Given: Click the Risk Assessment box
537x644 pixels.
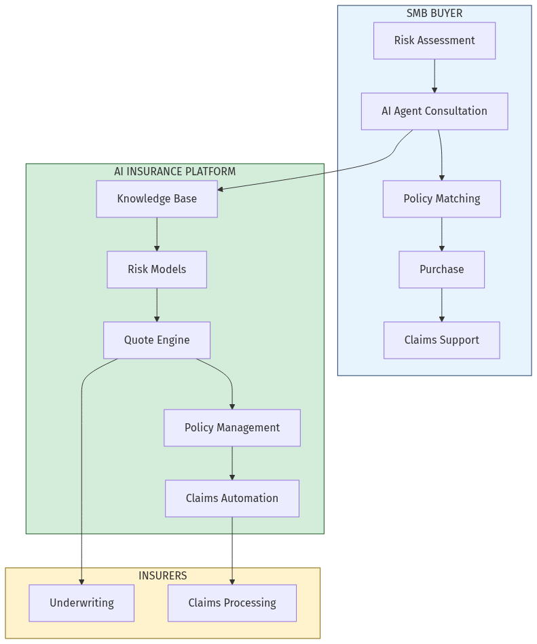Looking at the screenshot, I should point(434,41).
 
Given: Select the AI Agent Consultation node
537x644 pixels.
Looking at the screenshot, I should point(434,111).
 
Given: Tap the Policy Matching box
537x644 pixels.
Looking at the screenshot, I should point(441,199).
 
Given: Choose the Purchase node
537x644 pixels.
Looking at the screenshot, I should point(441,270).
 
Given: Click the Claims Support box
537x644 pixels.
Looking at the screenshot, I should point(441,340).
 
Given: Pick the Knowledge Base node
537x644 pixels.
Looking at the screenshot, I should point(157,199).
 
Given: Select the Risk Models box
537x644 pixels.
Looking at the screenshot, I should point(157,270).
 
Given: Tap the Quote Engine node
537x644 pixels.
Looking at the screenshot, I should point(157,340).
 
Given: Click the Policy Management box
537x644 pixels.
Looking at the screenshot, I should point(232,428).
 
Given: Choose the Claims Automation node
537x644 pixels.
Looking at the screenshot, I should point(232,499).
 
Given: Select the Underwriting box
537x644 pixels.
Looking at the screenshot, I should point(81,603).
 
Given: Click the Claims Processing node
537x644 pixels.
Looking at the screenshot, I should point(232,603).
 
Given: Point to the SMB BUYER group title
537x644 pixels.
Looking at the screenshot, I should point(434,13).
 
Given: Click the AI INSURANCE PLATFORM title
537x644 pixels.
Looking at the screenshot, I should point(175,171).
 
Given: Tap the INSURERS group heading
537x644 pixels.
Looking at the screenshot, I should point(163,575).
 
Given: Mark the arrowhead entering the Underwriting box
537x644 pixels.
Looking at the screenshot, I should point(81,582).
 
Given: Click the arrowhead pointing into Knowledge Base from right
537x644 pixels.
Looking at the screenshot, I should point(221,189).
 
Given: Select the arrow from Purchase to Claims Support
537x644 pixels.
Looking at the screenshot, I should point(442,305).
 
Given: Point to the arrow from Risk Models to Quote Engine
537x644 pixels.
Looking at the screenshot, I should point(157,305).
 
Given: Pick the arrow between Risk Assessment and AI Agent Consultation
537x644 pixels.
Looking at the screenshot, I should point(434,76).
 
